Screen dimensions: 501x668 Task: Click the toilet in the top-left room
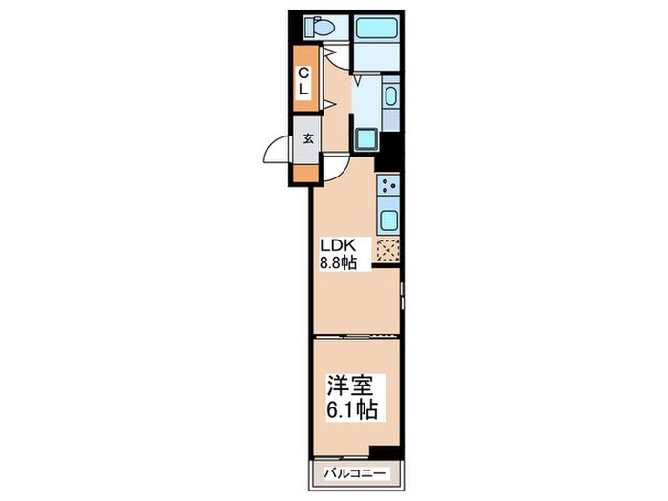coord(319,28)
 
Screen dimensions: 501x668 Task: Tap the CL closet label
coord(303,81)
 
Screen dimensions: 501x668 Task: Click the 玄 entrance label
coord(308,137)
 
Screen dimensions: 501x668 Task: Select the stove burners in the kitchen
coord(388,186)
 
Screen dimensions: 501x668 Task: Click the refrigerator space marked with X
coord(388,252)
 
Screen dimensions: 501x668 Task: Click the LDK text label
coord(337,244)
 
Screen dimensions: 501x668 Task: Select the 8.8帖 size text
coord(338,262)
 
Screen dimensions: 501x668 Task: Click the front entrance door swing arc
coord(278,153)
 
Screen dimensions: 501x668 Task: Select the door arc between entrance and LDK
coord(334,171)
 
